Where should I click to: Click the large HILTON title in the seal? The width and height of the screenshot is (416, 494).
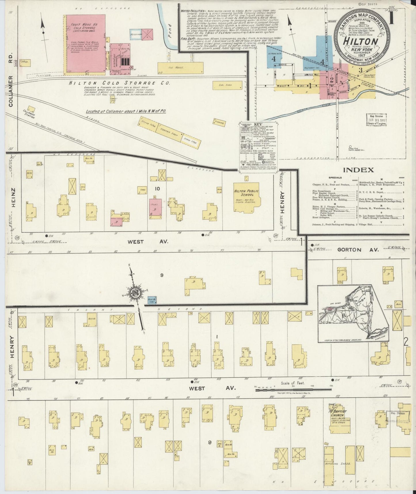360,41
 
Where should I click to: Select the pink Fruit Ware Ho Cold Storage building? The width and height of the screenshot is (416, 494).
85,43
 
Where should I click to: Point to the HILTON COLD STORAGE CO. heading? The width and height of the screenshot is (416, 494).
119,83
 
